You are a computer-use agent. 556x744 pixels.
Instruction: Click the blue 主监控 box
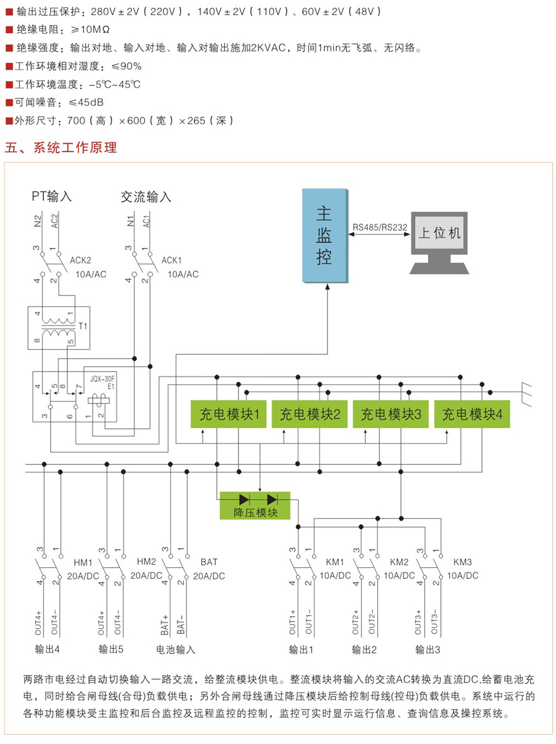(325, 236)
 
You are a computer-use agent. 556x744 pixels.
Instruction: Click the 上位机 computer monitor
(439, 233)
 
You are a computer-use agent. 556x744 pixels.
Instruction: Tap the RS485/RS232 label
(380, 227)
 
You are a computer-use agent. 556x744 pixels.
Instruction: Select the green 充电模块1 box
(229, 414)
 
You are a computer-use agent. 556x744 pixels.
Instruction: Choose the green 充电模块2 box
(310, 414)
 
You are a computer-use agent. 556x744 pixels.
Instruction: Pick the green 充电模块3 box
(391, 414)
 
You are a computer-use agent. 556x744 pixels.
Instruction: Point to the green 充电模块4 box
(472, 414)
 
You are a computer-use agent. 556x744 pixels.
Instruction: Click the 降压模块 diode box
(255, 505)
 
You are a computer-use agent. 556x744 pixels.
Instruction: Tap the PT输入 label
(51, 196)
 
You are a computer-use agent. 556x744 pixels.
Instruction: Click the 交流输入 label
(146, 197)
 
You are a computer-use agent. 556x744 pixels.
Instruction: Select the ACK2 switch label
(81, 260)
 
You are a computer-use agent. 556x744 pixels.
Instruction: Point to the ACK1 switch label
(172, 260)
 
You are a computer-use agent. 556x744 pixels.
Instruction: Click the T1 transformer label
(83, 326)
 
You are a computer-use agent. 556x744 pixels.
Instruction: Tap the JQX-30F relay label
(102, 379)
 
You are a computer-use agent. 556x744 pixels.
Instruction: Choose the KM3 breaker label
(463, 562)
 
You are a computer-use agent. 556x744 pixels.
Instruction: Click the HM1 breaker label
(83, 563)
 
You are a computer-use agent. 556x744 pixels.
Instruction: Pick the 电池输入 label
(176, 649)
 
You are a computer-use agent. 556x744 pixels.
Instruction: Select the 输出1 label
(301, 649)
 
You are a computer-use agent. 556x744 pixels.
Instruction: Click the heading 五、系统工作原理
(61, 147)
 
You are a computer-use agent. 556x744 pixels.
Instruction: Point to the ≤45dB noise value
(86, 102)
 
